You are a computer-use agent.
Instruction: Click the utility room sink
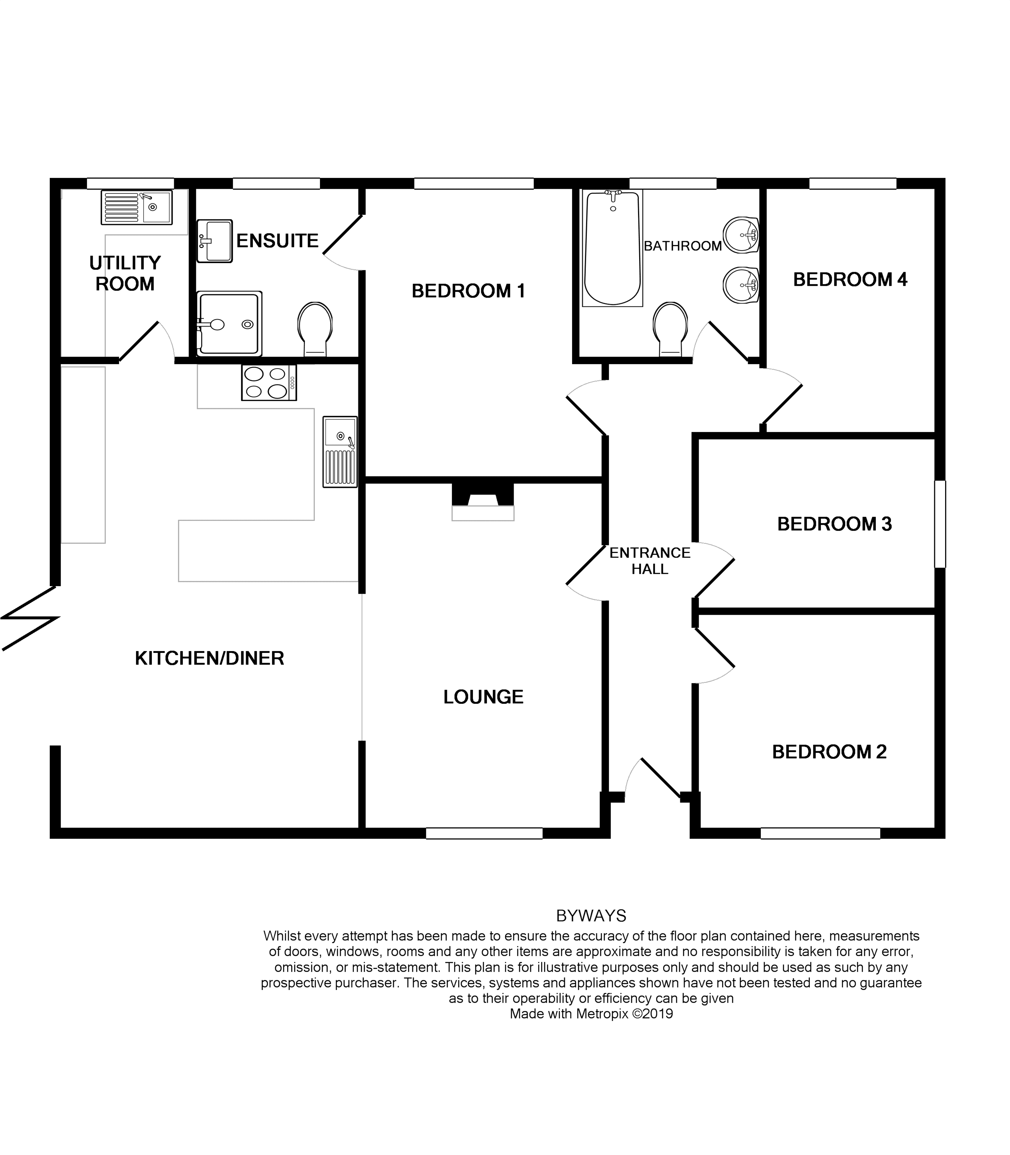(x=137, y=208)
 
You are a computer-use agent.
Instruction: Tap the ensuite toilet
(x=315, y=329)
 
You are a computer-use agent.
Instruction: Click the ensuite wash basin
(x=215, y=241)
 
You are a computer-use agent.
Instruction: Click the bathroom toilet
(x=670, y=329)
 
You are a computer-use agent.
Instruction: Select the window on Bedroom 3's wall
(x=940, y=524)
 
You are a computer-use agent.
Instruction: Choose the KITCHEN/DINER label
(x=209, y=658)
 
